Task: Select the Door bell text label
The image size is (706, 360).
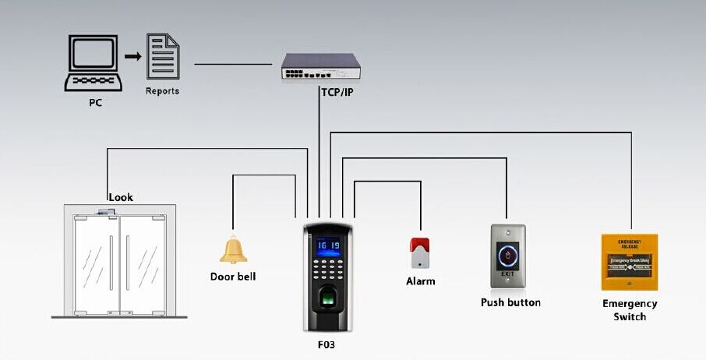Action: coord(233,277)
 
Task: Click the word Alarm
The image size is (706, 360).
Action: coord(421,281)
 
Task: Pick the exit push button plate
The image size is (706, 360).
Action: coord(508,256)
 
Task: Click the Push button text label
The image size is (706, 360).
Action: coord(510,302)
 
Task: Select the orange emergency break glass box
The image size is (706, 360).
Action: coord(630,262)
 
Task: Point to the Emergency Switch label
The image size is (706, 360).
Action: coord(630,310)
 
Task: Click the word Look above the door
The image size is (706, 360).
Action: coord(121,197)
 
